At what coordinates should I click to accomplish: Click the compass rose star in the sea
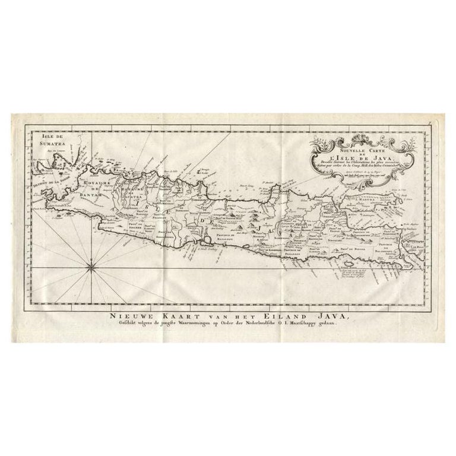91,268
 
